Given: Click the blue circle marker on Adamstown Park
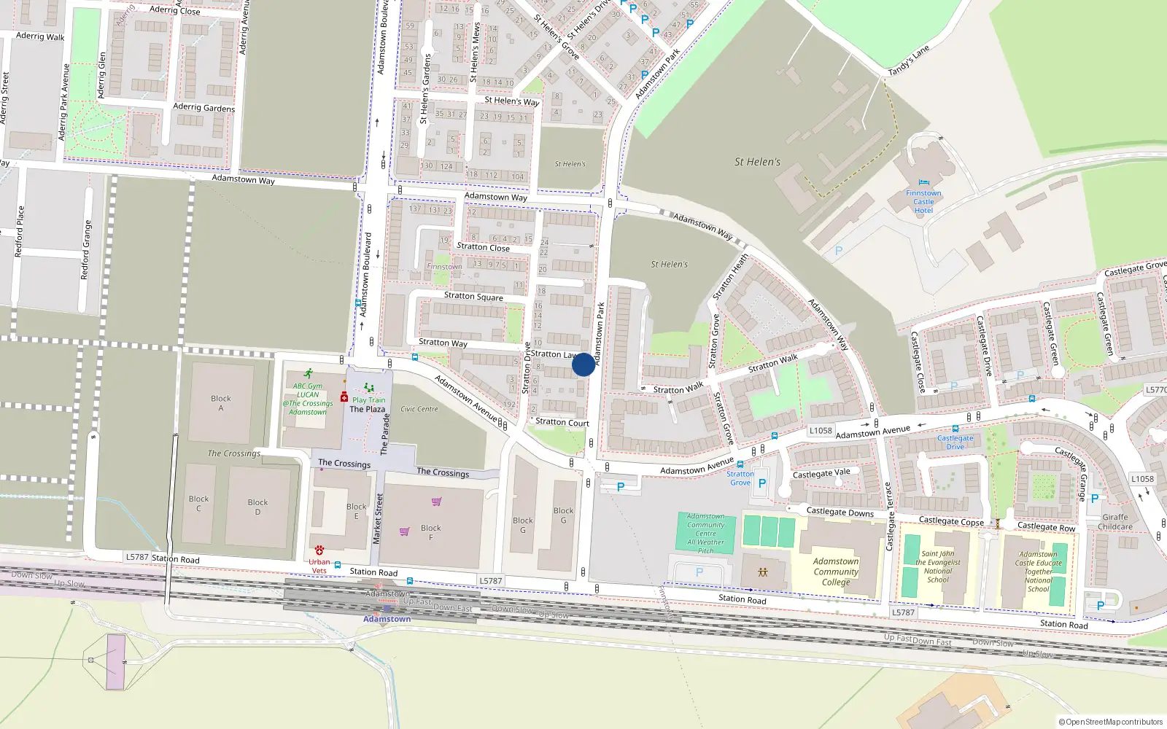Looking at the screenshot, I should [x=583, y=364].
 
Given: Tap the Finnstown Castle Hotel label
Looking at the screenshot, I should [x=923, y=202].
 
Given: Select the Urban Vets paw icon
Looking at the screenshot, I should [x=319, y=550].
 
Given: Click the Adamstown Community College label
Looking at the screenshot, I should [x=836, y=572].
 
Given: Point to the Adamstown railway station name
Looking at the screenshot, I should [x=387, y=619].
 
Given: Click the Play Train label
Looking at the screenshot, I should [x=368, y=399].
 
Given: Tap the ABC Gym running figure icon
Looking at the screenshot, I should [x=309, y=373].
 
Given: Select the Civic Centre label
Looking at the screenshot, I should [x=419, y=409].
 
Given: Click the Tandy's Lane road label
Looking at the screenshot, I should [x=909, y=61].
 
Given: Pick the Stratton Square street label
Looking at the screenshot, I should [x=473, y=296].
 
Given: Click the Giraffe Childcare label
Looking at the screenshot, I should [x=1115, y=522].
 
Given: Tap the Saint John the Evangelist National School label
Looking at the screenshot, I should [x=938, y=566].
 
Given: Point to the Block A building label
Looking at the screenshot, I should [x=221, y=403].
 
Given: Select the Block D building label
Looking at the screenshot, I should [x=257, y=507].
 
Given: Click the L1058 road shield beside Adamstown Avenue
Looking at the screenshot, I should [x=821, y=430].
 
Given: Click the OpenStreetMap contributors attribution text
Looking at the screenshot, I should [x=1110, y=722].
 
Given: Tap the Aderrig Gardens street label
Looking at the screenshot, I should [x=204, y=107].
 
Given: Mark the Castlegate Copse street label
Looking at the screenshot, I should [x=951, y=521].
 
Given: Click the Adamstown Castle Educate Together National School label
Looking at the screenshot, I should [x=1039, y=572].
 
